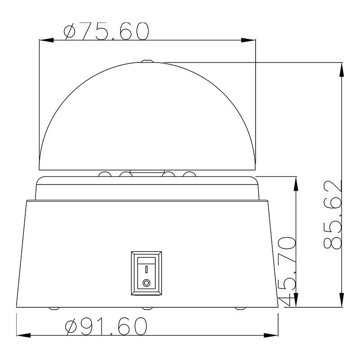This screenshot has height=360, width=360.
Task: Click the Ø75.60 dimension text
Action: tap(107, 31)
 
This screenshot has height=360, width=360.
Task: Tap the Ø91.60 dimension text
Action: tap(106, 326)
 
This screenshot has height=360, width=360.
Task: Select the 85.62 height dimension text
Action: tap(333, 215)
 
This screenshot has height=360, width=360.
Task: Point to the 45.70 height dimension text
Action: tap(287, 271)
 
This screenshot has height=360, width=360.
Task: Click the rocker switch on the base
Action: tap(147, 273)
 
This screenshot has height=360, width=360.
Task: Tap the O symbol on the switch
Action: tap(147, 283)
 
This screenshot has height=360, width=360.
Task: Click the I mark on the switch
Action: tap(147, 269)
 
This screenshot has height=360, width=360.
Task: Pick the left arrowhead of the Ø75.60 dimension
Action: tap(46, 40)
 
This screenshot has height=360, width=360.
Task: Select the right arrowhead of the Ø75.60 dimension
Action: tap(248, 40)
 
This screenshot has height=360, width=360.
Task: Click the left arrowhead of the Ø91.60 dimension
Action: tap(24, 335)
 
